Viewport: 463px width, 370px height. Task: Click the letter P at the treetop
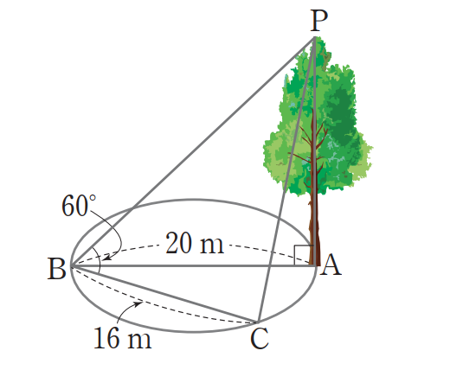pyautogui.click(x=319, y=21)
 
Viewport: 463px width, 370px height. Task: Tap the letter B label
pyautogui.click(x=57, y=269)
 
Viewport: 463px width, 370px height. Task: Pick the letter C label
pyautogui.click(x=260, y=339)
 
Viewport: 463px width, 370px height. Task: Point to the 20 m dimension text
pyautogui.click(x=195, y=243)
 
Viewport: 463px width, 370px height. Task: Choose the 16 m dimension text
pyautogui.click(x=123, y=338)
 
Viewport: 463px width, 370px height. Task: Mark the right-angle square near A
pyautogui.click(x=304, y=255)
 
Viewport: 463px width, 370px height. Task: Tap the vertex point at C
pyautogui.click(x=258, y=322)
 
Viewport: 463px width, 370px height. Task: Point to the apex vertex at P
pyautogui.click(x=315, y=37)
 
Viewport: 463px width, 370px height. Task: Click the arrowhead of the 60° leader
pyautogui.click(x=107, y=258)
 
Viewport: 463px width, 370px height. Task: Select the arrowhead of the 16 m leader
pyautogui.click(x=138, y=303)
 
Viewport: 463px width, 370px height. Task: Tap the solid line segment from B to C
pyautogui.click(x=164, y=294)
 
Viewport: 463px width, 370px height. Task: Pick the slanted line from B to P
pyautogui.click(x=193, y=151)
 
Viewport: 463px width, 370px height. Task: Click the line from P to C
pyautogui.click(x=286, y=180)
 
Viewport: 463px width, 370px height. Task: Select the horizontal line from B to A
pyautogui.click(x=194, y=266)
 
